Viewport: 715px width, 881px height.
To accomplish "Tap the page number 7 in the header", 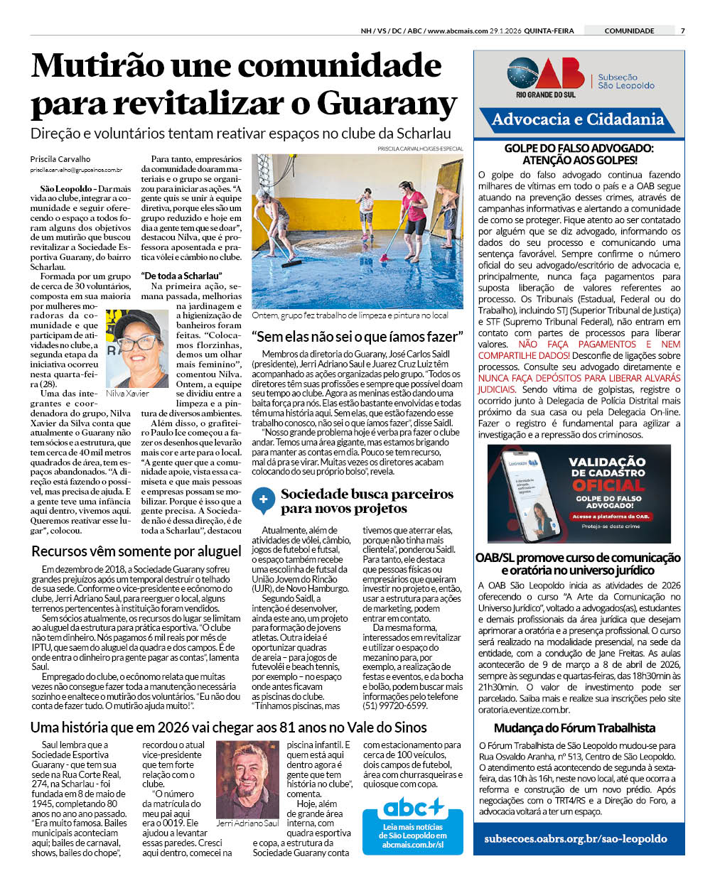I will (x=682, y=31).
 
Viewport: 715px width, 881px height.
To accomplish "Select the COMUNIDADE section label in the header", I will (x=629, y=31).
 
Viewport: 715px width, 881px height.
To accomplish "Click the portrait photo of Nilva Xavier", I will (x=132, y=349).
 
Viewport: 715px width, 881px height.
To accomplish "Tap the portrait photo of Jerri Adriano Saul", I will (x=247, y=779).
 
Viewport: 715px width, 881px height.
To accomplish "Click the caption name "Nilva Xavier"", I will (x=127, y=394).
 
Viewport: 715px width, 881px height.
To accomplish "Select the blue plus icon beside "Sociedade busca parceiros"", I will (x=263, y=499).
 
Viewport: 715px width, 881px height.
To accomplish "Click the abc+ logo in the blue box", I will (x=414, y=808).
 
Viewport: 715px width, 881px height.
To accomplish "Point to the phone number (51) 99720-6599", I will (x=395, y=706).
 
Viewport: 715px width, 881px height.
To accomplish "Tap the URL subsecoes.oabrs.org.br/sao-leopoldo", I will (x=576, y=838).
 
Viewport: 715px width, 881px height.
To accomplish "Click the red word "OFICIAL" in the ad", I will (x=608, y=485).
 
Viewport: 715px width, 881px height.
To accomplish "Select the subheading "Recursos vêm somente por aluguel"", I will (x=136, y=551).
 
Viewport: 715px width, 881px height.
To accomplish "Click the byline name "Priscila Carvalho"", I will (x=60, y=159).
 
